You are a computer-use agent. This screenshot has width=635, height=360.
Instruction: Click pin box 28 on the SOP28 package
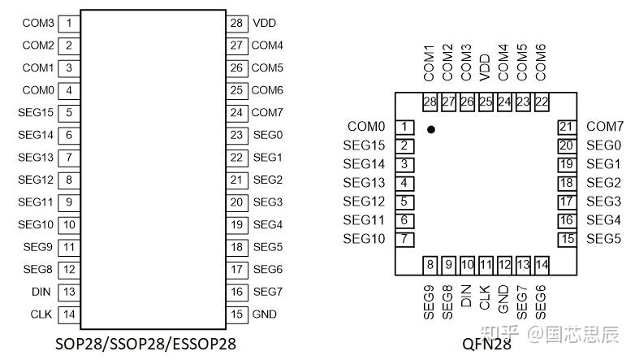[x=236, y=23]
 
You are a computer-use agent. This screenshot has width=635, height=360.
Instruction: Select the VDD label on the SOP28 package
[x=265, y=23]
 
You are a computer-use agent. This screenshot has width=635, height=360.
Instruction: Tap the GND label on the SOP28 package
[x=265, y=314]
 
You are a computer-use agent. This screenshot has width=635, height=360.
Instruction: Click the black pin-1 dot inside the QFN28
[x=431, y=129]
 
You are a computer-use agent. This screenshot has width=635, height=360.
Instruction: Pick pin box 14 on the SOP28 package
[x=69, y=314]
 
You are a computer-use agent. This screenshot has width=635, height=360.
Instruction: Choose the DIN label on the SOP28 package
[x=41, y=292]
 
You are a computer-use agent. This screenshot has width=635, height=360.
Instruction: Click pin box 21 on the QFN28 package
[x=567, y=127]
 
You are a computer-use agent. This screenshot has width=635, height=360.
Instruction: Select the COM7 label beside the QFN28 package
[x=604, y=127]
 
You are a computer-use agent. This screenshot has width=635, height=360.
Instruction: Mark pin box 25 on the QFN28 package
[x=486, y=102]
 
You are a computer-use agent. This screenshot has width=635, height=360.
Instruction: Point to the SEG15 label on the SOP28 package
[x=36, y=113]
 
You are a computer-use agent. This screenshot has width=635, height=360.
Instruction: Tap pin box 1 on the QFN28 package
[x=404, y=127]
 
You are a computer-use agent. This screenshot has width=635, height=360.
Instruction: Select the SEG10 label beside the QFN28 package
[x=364, y=239]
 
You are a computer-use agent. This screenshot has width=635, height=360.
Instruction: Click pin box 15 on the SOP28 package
[x=236, y=314]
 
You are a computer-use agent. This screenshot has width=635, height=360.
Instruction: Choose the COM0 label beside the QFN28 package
[x=366, y=127]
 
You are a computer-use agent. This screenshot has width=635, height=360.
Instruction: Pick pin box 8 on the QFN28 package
[x=430, y=264]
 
